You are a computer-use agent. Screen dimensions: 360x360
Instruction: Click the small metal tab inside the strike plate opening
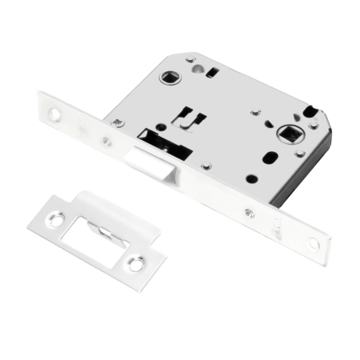[104, 228]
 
